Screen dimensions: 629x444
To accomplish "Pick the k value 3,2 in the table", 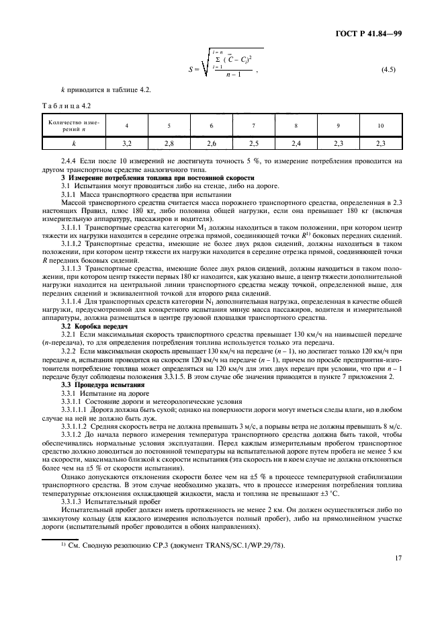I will coord(126,144).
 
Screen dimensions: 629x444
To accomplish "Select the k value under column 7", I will coord(253,144).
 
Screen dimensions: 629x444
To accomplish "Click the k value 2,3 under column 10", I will coord(381,144).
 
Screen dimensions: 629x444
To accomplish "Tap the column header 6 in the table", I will coord(211,125).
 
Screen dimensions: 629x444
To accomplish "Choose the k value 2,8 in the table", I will coord(169,144).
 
